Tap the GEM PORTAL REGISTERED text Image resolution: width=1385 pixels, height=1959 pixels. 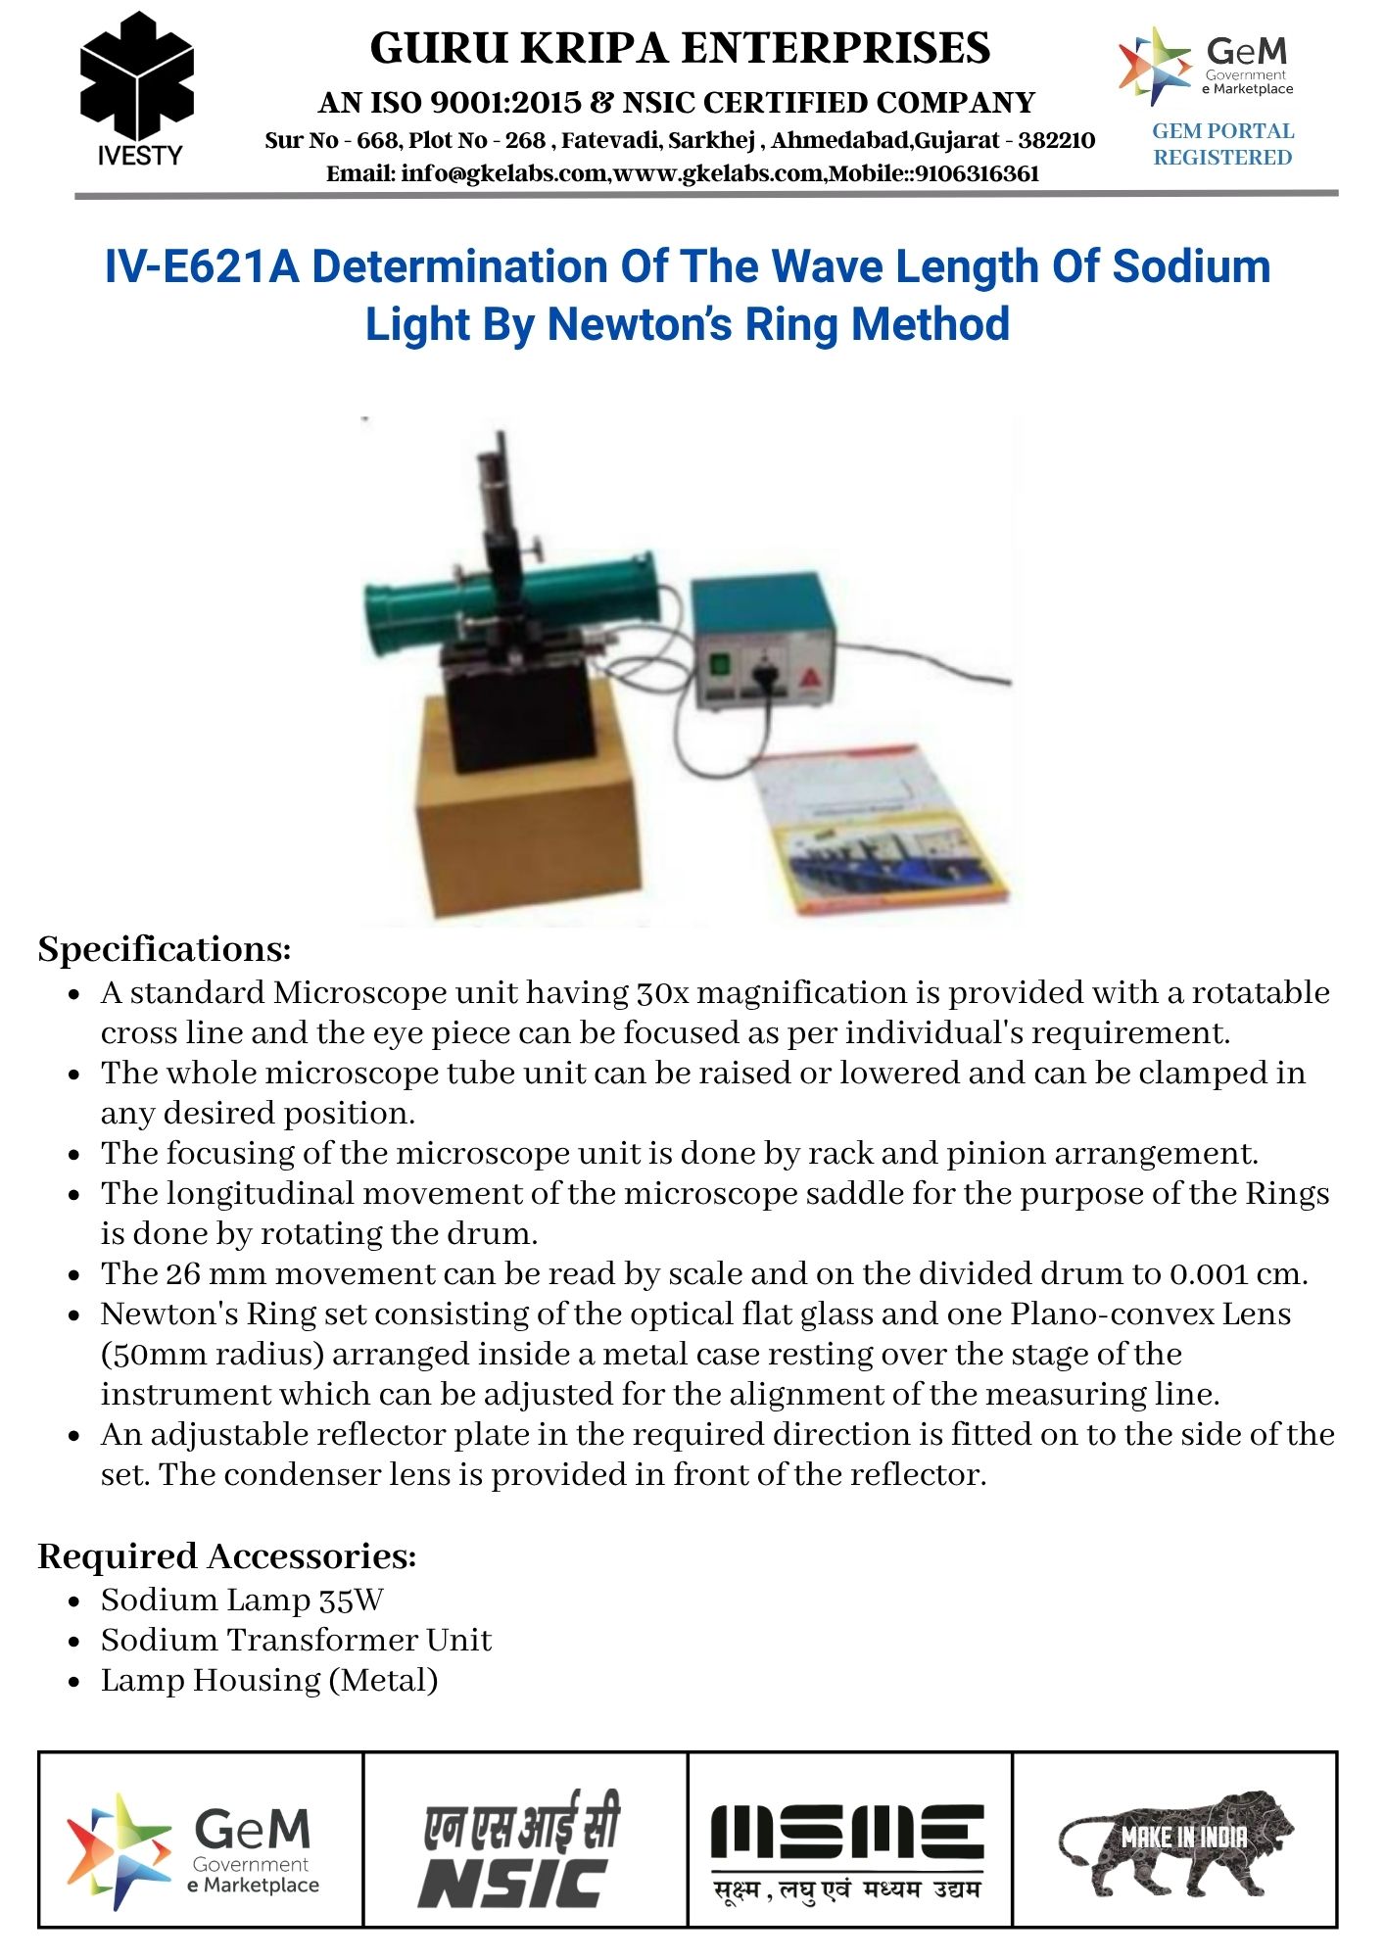[1222, 144]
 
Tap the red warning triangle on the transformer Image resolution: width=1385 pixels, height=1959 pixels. [810, 677]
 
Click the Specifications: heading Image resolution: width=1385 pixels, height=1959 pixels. [165, 949]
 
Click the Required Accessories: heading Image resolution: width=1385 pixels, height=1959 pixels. [227, 1556]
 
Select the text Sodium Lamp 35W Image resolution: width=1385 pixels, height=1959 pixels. [242, 1601]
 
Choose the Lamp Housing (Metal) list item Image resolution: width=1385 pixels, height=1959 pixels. [269, 1681]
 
